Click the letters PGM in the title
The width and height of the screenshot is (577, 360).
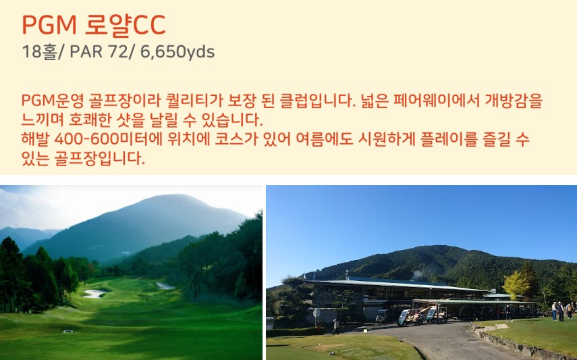(49, 25)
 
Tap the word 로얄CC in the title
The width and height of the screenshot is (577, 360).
(125, 26)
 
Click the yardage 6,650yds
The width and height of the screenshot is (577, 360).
(177, 52)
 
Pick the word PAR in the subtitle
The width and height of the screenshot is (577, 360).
(86, 52)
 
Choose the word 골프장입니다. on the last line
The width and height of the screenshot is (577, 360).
(100, 159)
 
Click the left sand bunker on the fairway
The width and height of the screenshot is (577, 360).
(94, 293)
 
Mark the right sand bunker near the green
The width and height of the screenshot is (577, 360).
(165, 286)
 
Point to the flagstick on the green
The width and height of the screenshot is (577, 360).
(140, 280)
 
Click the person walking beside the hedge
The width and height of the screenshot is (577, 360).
(335, 327)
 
